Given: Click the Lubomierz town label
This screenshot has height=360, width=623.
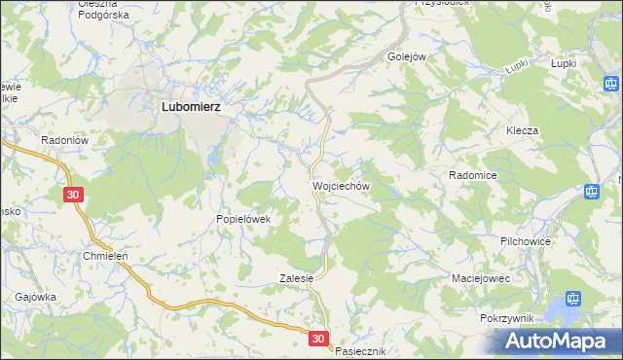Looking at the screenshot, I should (x=190, y=109).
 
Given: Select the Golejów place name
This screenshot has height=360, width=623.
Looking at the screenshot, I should (x=408, y=56).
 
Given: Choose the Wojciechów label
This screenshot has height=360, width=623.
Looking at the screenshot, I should (x=340, y=184).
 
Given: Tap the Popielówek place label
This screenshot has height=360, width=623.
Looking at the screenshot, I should (x=249, y=219).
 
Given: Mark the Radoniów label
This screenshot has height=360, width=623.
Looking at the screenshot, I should (x=65, y=140).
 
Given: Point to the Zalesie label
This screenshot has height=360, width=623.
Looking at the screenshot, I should (x=296, y=277).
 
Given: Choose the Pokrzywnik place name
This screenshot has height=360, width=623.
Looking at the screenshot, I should (x=509, y=318).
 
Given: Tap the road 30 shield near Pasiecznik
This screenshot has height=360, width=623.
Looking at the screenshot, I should (x=320, y=339).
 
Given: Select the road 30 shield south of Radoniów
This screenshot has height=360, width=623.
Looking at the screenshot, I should (x=76, y=196).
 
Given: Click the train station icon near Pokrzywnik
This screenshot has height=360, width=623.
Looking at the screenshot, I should (x=573, y=300).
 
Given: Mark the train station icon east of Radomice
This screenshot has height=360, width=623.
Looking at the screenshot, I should (x=592, y=192).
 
